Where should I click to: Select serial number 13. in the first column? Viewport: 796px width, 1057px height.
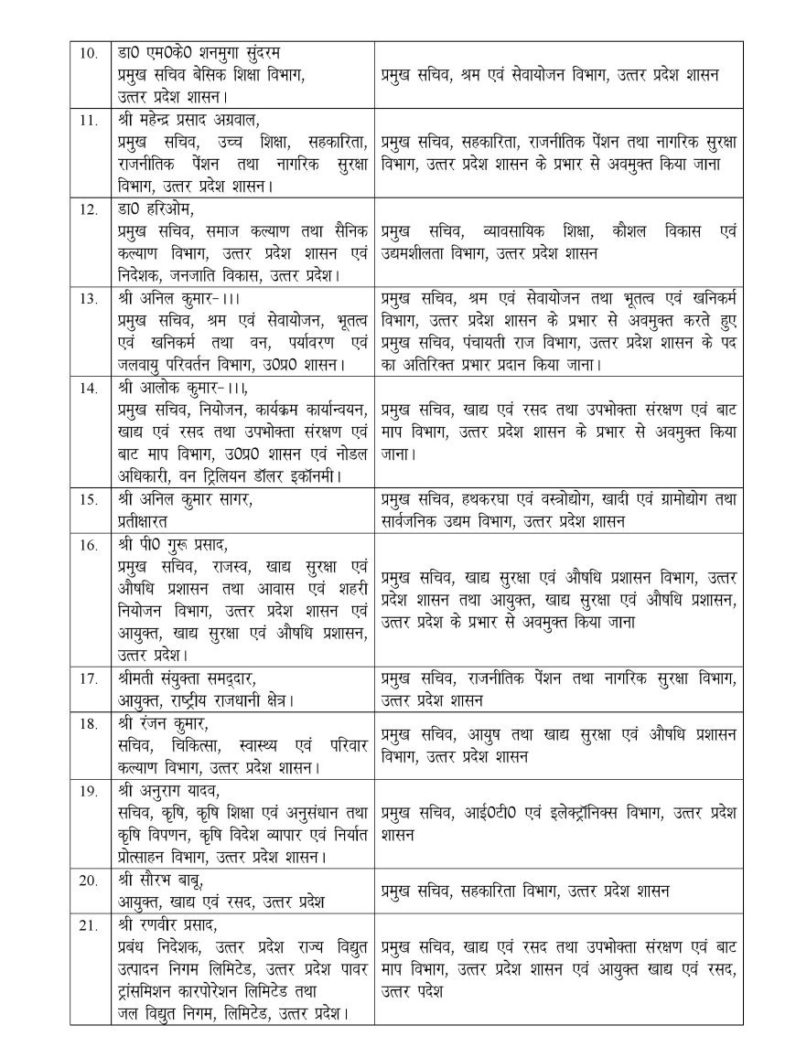tap(88, 298)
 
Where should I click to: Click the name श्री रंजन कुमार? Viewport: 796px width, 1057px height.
tap(166, 721)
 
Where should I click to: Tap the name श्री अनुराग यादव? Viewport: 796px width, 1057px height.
tap(169, 790)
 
